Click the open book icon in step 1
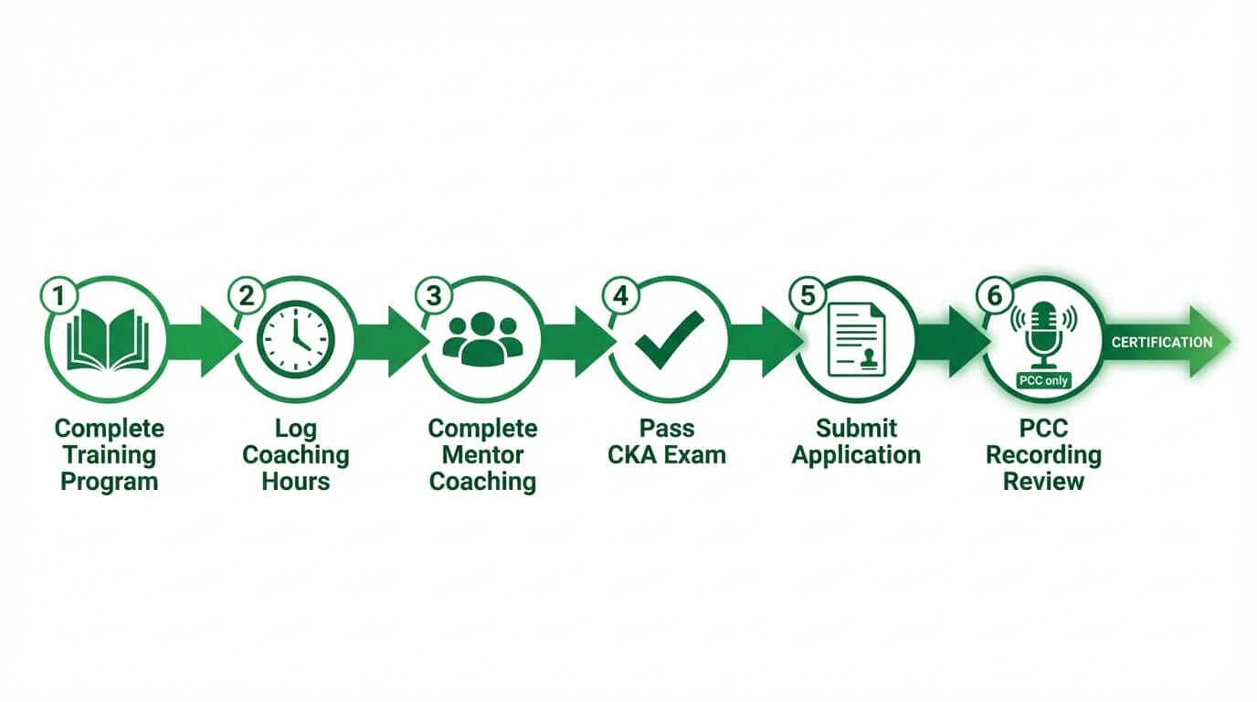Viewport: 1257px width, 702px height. [108, 340]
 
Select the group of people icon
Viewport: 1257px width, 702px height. [482, 339]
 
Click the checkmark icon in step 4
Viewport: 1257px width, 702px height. [670, 339]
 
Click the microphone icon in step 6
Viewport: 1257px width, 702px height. [1043, 333]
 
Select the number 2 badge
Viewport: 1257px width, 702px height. [247, 296]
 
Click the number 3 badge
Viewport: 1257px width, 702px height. [434, 296]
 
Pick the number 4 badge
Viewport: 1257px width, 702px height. [621, 296]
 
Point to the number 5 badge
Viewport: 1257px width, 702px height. [808, 296]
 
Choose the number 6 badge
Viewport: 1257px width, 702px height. [995, 296]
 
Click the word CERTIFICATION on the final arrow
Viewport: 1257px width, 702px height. [1162, 342]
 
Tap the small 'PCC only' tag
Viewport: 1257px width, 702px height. [1043, 380]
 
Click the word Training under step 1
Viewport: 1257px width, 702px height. [109, 455]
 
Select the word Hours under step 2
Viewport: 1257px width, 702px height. [295, 482]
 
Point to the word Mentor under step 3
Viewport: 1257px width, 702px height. [482, 455]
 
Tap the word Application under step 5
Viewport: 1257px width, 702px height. [856, 455]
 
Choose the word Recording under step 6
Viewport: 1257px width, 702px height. [1043, 455]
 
